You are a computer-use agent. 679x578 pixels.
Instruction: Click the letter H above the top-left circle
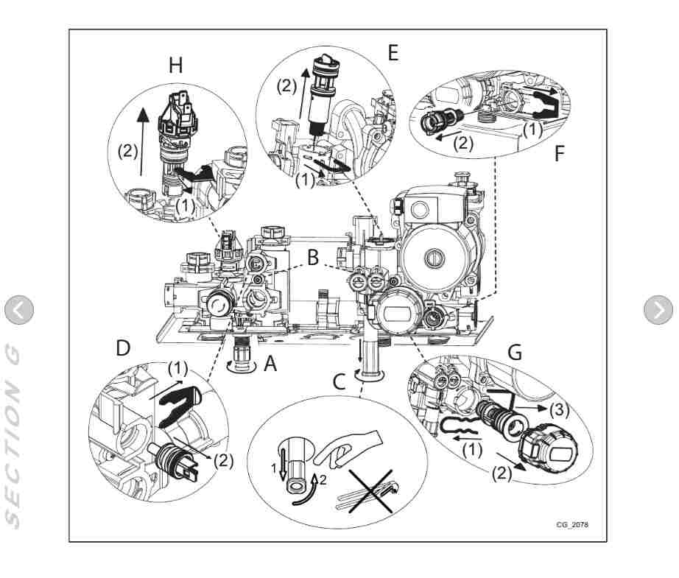pos(175,65)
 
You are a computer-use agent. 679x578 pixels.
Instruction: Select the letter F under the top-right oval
pos(560,155)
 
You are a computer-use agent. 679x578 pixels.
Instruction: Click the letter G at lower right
pos(515,353)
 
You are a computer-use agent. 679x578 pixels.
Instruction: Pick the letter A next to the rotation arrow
pos(270,363)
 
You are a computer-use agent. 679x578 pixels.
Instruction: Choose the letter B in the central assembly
pos(314,258)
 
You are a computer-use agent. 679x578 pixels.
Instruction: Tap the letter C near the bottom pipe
pos(338,381)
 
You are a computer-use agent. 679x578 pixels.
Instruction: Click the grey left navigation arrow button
pos(19,310)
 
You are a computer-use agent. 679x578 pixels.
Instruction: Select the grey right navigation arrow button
pos(658,310)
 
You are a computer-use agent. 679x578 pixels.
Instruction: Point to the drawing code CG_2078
pos(571,525)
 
